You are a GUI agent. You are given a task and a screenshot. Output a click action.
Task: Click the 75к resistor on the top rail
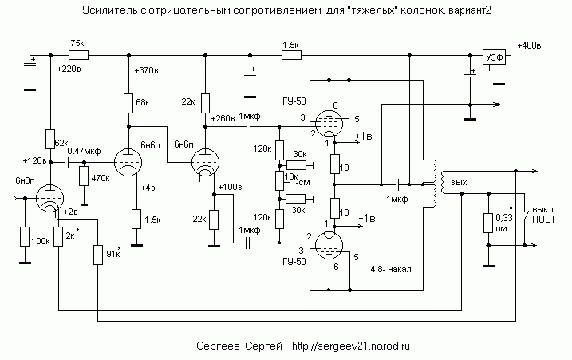78,55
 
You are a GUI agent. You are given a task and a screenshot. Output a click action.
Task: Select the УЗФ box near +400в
495,57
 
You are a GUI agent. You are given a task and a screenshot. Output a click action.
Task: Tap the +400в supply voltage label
529,45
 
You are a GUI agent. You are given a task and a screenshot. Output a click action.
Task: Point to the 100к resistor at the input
25,236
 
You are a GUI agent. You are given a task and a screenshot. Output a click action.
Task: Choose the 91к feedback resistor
98,255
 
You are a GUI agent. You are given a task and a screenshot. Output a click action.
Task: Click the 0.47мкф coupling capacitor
67,163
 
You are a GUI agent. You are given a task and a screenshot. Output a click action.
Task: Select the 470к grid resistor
85,176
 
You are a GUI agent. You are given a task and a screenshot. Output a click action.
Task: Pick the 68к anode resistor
128,103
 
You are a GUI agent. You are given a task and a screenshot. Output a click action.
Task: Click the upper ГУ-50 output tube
329,124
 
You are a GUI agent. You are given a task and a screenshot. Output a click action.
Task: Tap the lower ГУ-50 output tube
329,245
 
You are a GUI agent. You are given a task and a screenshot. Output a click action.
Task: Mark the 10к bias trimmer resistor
279,180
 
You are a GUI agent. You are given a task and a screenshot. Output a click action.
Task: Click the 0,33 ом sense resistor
488,224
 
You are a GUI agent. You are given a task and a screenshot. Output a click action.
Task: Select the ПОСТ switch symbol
526,220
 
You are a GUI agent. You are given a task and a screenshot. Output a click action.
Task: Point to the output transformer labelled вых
438,184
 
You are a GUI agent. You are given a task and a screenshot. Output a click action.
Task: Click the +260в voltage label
223,118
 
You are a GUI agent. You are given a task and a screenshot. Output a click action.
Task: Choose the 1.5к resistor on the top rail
291,55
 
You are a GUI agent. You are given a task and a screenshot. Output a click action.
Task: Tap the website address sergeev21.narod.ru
350,346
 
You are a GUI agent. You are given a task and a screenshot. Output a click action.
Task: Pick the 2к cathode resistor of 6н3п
58,236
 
